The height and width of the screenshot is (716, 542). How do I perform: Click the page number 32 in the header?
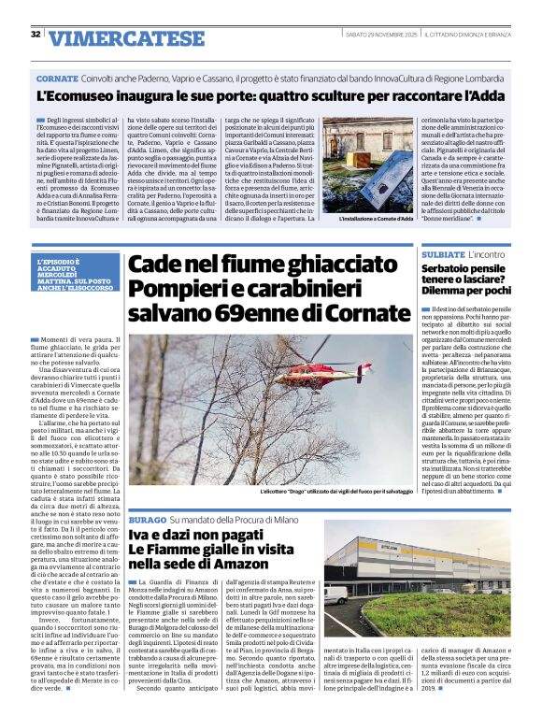36,35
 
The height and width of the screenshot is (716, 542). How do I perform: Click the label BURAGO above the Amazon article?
148,518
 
